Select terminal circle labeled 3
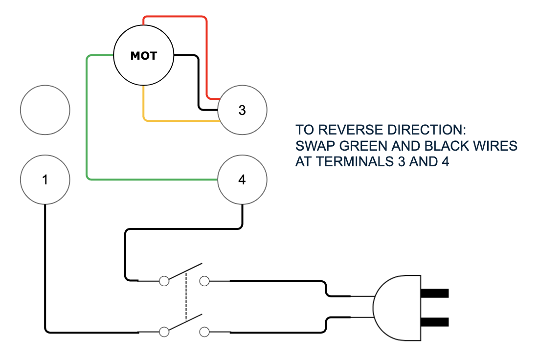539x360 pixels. (242, 110)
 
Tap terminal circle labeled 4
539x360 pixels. (242, 180)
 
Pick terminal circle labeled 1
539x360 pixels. (45, 180)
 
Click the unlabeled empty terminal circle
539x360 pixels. (45, 110)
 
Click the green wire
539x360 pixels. (87, 122)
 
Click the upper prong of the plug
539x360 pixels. (434, 293)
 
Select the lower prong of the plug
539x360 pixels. (434, 322)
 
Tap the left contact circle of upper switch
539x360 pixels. (164, 281)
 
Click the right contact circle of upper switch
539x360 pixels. (204, 281)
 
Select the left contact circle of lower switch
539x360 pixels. (164, 332)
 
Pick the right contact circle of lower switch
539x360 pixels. (204, 332)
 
